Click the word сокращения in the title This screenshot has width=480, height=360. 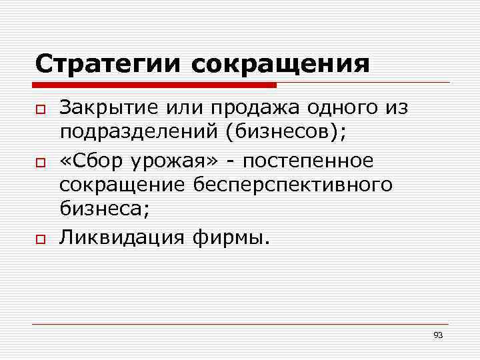(x=280, y=65)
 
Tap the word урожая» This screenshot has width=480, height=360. (x=165, y=161)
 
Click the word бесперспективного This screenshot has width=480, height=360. (x=293, y=184)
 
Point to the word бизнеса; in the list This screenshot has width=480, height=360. (x=105, y=208)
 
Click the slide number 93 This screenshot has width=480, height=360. (x=437, y=335)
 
